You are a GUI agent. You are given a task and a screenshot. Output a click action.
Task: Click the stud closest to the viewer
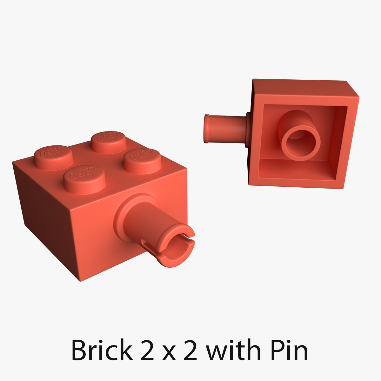(84, 179)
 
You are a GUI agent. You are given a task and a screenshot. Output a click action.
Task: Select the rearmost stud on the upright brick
(108, 141)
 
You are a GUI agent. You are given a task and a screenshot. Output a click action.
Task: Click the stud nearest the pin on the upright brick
(142, 160)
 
